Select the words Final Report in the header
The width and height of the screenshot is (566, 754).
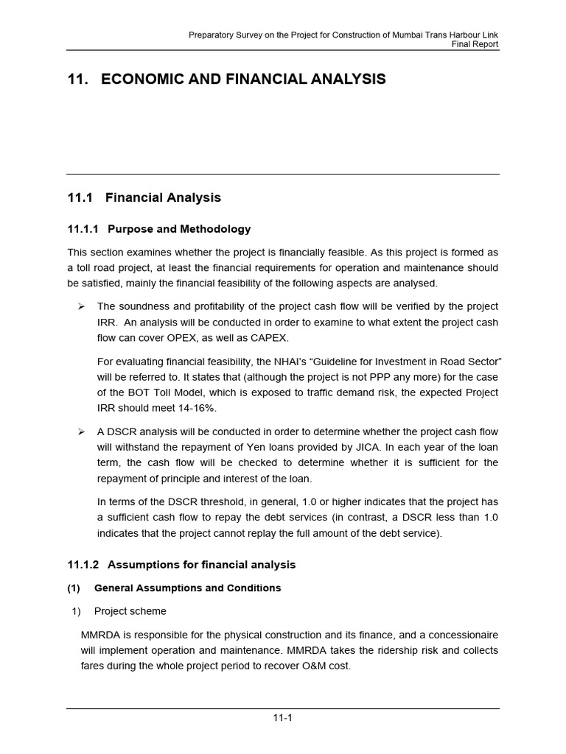tap(475, 44)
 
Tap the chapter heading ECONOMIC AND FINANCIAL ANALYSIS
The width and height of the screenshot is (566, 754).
tap(243, 80)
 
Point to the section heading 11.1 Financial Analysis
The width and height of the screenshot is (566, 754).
tap(144, 197)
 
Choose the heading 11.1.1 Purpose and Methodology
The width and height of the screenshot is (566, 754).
tap(158, 229)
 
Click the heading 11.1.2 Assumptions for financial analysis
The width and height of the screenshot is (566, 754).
tap(181, 565)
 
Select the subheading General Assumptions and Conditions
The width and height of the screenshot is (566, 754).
tap(187, 588)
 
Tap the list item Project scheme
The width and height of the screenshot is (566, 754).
tap(130, 611)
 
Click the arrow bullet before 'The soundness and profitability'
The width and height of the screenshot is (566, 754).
tap(82, 306)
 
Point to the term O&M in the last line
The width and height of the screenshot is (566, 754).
tap(311, 666)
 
